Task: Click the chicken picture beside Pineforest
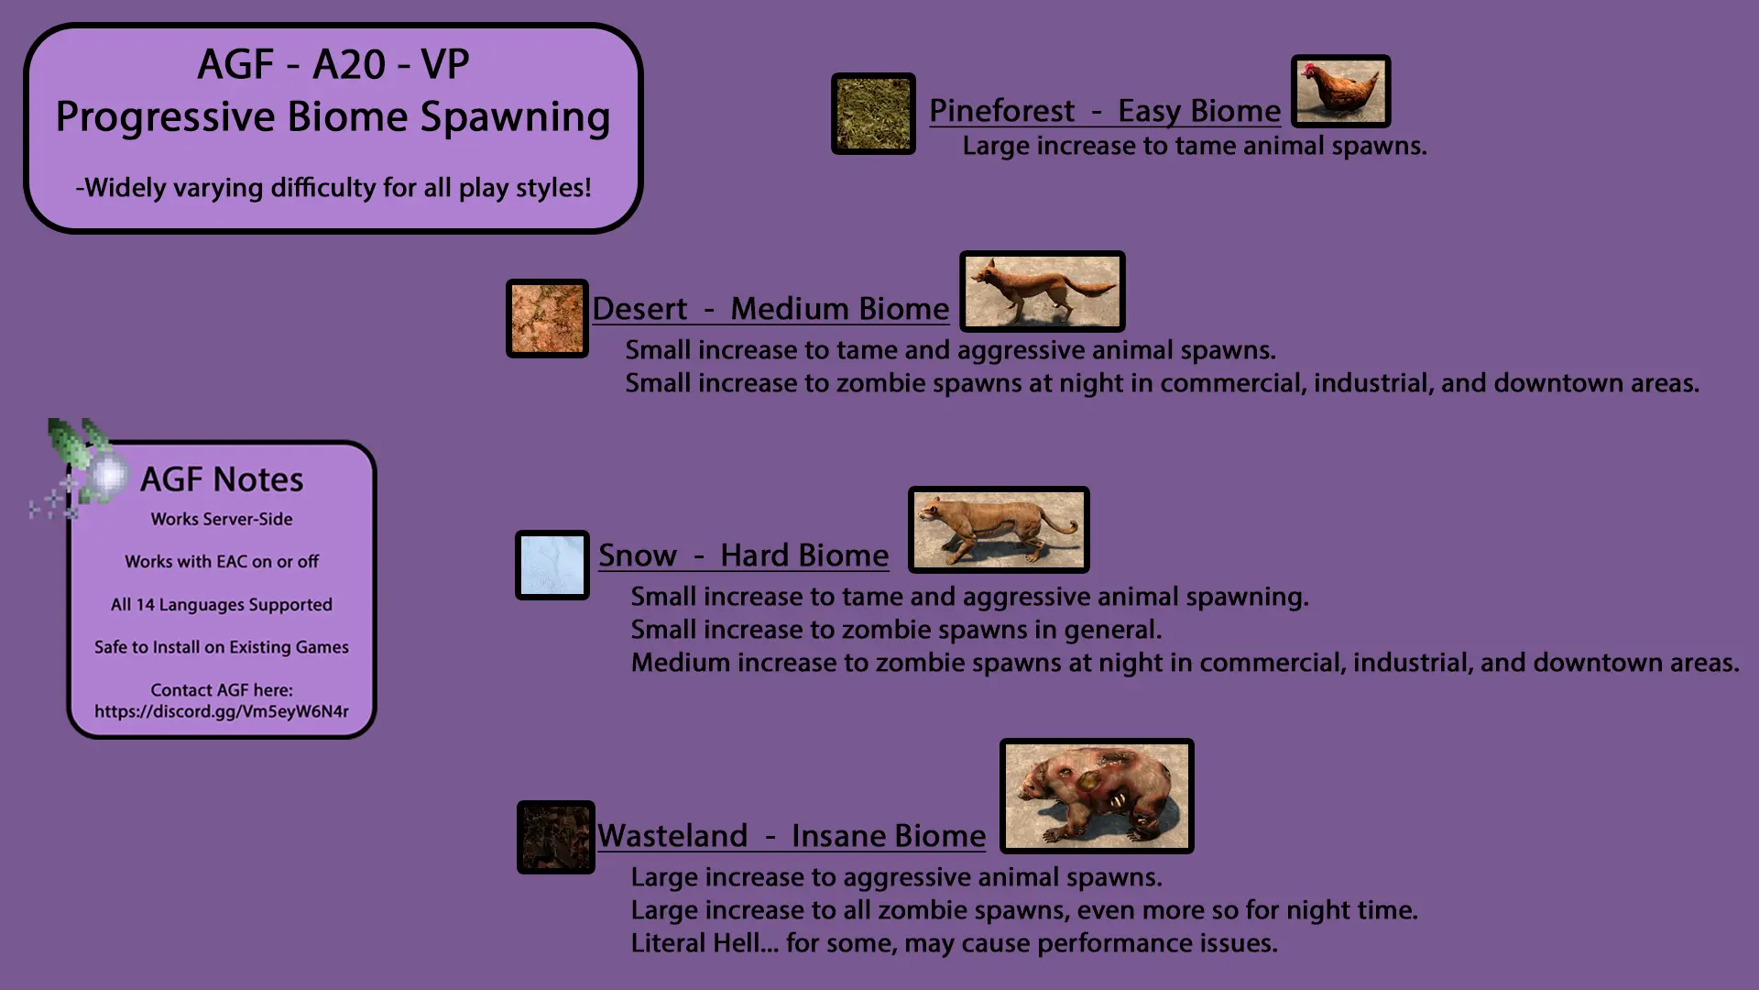click(x=1340, y=91)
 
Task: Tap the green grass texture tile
click(x=873, y=114)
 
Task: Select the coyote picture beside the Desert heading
click(x=1042, y=291)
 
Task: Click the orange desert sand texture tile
click(x=547, y=318)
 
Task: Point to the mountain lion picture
click(x=999, y=530)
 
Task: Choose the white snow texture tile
click(x=552, y=565)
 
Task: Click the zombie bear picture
click(x=1097, y=796)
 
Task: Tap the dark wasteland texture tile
click(x=556, y=837)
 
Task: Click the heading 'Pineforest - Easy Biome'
click(x=1105, y=111)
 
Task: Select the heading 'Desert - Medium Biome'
click(x=770, y=309)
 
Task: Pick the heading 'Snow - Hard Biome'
click(x=743, y=555)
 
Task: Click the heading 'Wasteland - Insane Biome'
click(x=792, y=836)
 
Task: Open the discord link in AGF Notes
click(x=222, y=711)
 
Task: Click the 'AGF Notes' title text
click(x=222, y=479)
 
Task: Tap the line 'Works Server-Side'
click(x=222, y=519)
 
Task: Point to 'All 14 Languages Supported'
click(x=222, y=605)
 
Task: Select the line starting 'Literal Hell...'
click(x=954, y=943)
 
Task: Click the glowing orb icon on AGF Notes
click(x=108, y=475)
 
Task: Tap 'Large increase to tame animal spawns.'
click(x=1195, y=147)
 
